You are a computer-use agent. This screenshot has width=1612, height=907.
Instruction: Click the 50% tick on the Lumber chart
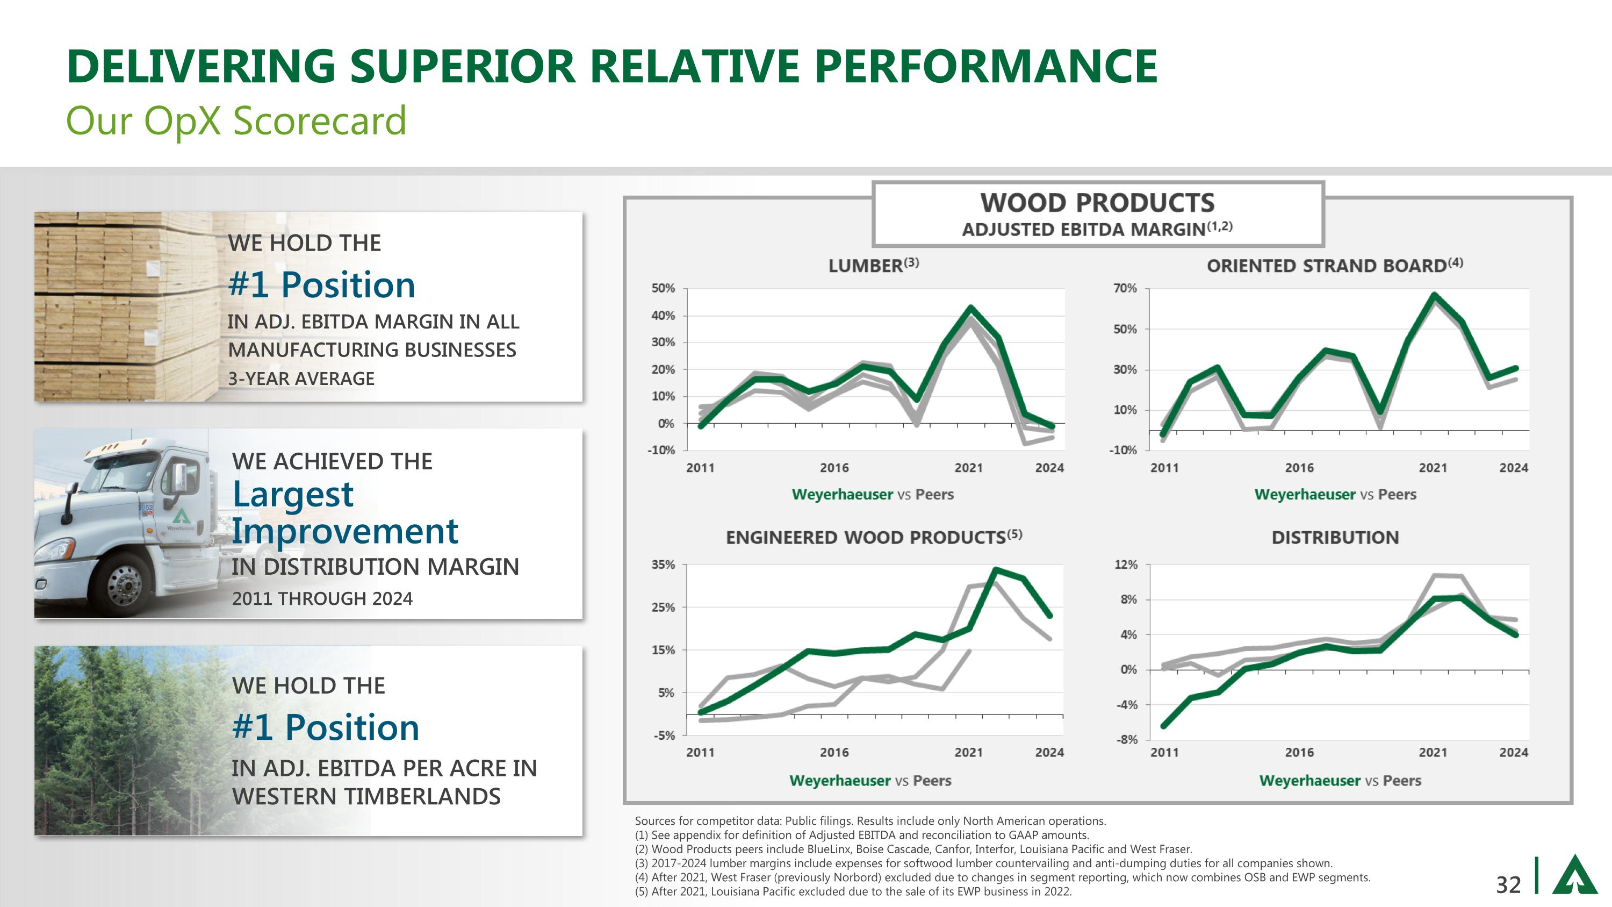pos(663,289)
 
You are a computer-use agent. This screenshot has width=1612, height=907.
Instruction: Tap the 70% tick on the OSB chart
pos(1125,289)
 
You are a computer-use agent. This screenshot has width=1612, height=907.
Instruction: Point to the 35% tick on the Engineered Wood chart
pos(663,565)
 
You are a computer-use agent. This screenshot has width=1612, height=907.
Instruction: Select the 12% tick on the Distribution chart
pos(1126,565)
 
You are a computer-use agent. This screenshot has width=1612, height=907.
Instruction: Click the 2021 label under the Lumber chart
pos(968,468)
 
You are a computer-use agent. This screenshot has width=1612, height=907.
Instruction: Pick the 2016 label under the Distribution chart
pos(1299,752)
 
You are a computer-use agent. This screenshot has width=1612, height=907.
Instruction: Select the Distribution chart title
pos(1335,538)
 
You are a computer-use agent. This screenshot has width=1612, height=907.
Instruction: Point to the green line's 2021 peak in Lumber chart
pos(970,308)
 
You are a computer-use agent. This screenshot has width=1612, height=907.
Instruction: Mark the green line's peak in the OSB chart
pos(1434,295)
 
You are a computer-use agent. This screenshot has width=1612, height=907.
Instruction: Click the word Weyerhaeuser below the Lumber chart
pos(843,495)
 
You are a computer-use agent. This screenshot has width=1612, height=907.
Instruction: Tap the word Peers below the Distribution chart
pos(1402,781)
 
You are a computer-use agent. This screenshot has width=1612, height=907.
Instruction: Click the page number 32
pos(1508,884)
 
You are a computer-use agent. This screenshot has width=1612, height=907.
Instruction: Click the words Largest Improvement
pos(344,513)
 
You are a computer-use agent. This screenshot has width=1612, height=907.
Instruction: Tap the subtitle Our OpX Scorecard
pos(236,120)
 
